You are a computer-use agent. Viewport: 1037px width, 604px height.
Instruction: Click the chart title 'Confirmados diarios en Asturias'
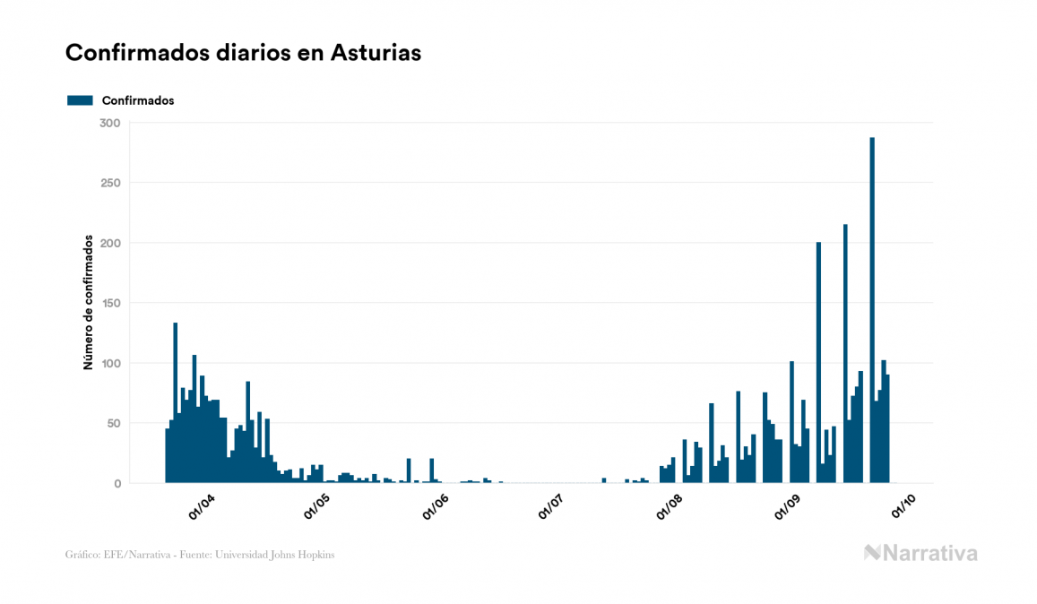coord(243,53)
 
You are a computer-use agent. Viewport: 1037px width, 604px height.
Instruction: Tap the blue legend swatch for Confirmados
coord(81,100)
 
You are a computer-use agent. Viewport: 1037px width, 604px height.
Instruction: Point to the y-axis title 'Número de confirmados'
coord(88,303)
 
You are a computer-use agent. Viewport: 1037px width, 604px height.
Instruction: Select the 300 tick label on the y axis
coord(110,123)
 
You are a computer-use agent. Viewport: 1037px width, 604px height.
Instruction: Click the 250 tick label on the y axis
coord(110,183)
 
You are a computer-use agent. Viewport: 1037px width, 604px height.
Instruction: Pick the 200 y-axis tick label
coord(110,243)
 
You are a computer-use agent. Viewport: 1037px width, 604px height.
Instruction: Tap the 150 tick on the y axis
coord(110,303)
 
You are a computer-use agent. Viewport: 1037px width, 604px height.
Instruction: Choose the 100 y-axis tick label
coord(110,363)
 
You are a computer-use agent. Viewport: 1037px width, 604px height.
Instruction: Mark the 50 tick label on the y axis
coord(113,423)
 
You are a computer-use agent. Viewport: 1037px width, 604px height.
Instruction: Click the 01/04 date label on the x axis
coord(202,506)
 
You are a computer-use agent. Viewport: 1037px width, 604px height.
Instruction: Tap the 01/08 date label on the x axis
coord(670,506)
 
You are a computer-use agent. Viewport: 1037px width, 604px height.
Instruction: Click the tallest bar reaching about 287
coord(872,314)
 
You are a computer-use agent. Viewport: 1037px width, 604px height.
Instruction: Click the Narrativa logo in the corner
coord(920,553)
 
